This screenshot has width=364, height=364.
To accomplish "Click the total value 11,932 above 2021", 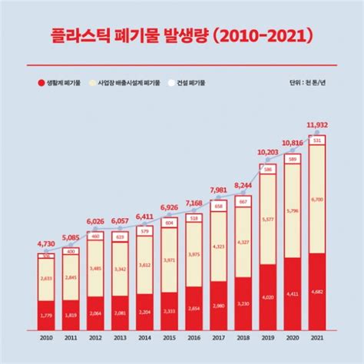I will [x=316, y=124].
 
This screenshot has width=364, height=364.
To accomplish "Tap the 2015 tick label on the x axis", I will [x=170, y=338].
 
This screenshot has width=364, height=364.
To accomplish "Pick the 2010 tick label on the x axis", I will [x=46, y=338].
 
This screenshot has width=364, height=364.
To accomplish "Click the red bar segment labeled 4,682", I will [x=317, y=290].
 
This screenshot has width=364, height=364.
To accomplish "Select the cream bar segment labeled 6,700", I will [x=317, y=200].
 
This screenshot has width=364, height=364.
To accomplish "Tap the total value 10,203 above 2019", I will [x=267, y=153].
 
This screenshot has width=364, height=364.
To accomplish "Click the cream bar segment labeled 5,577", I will [x=267, y=219].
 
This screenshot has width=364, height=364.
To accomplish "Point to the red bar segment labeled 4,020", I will [x=267, y=296].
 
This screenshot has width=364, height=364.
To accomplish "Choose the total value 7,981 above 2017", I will [x=218, y=190].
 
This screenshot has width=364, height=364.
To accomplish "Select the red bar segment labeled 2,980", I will [x=218, y=305].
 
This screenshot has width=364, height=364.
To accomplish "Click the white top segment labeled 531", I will [x=317, y=139].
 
